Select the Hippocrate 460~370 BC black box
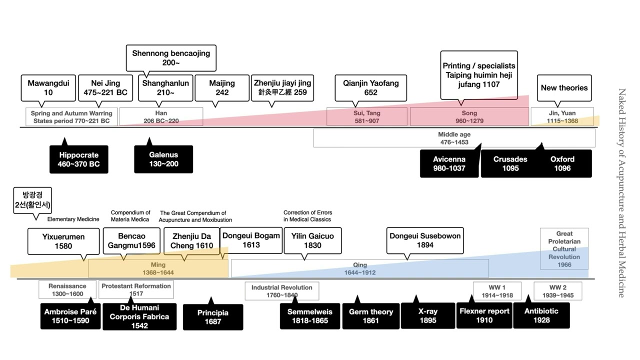(79, 159)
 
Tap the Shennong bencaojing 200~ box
(171, 57)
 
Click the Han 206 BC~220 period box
(161, 117)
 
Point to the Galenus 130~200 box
(163, 159)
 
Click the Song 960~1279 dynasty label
(469, 117)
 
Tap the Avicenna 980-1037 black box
(449, 163)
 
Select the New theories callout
(564, 88)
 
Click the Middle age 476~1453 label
(454, 138)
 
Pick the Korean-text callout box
(33, 200)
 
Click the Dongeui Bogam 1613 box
(251, 240)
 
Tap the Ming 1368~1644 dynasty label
(158, 268)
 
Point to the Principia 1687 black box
(213, 317)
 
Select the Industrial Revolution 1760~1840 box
(281, 291)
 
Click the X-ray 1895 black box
(427, 315)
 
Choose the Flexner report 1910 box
(484, 315)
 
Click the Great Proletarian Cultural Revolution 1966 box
(564, 249)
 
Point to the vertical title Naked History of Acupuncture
(621, 192)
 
